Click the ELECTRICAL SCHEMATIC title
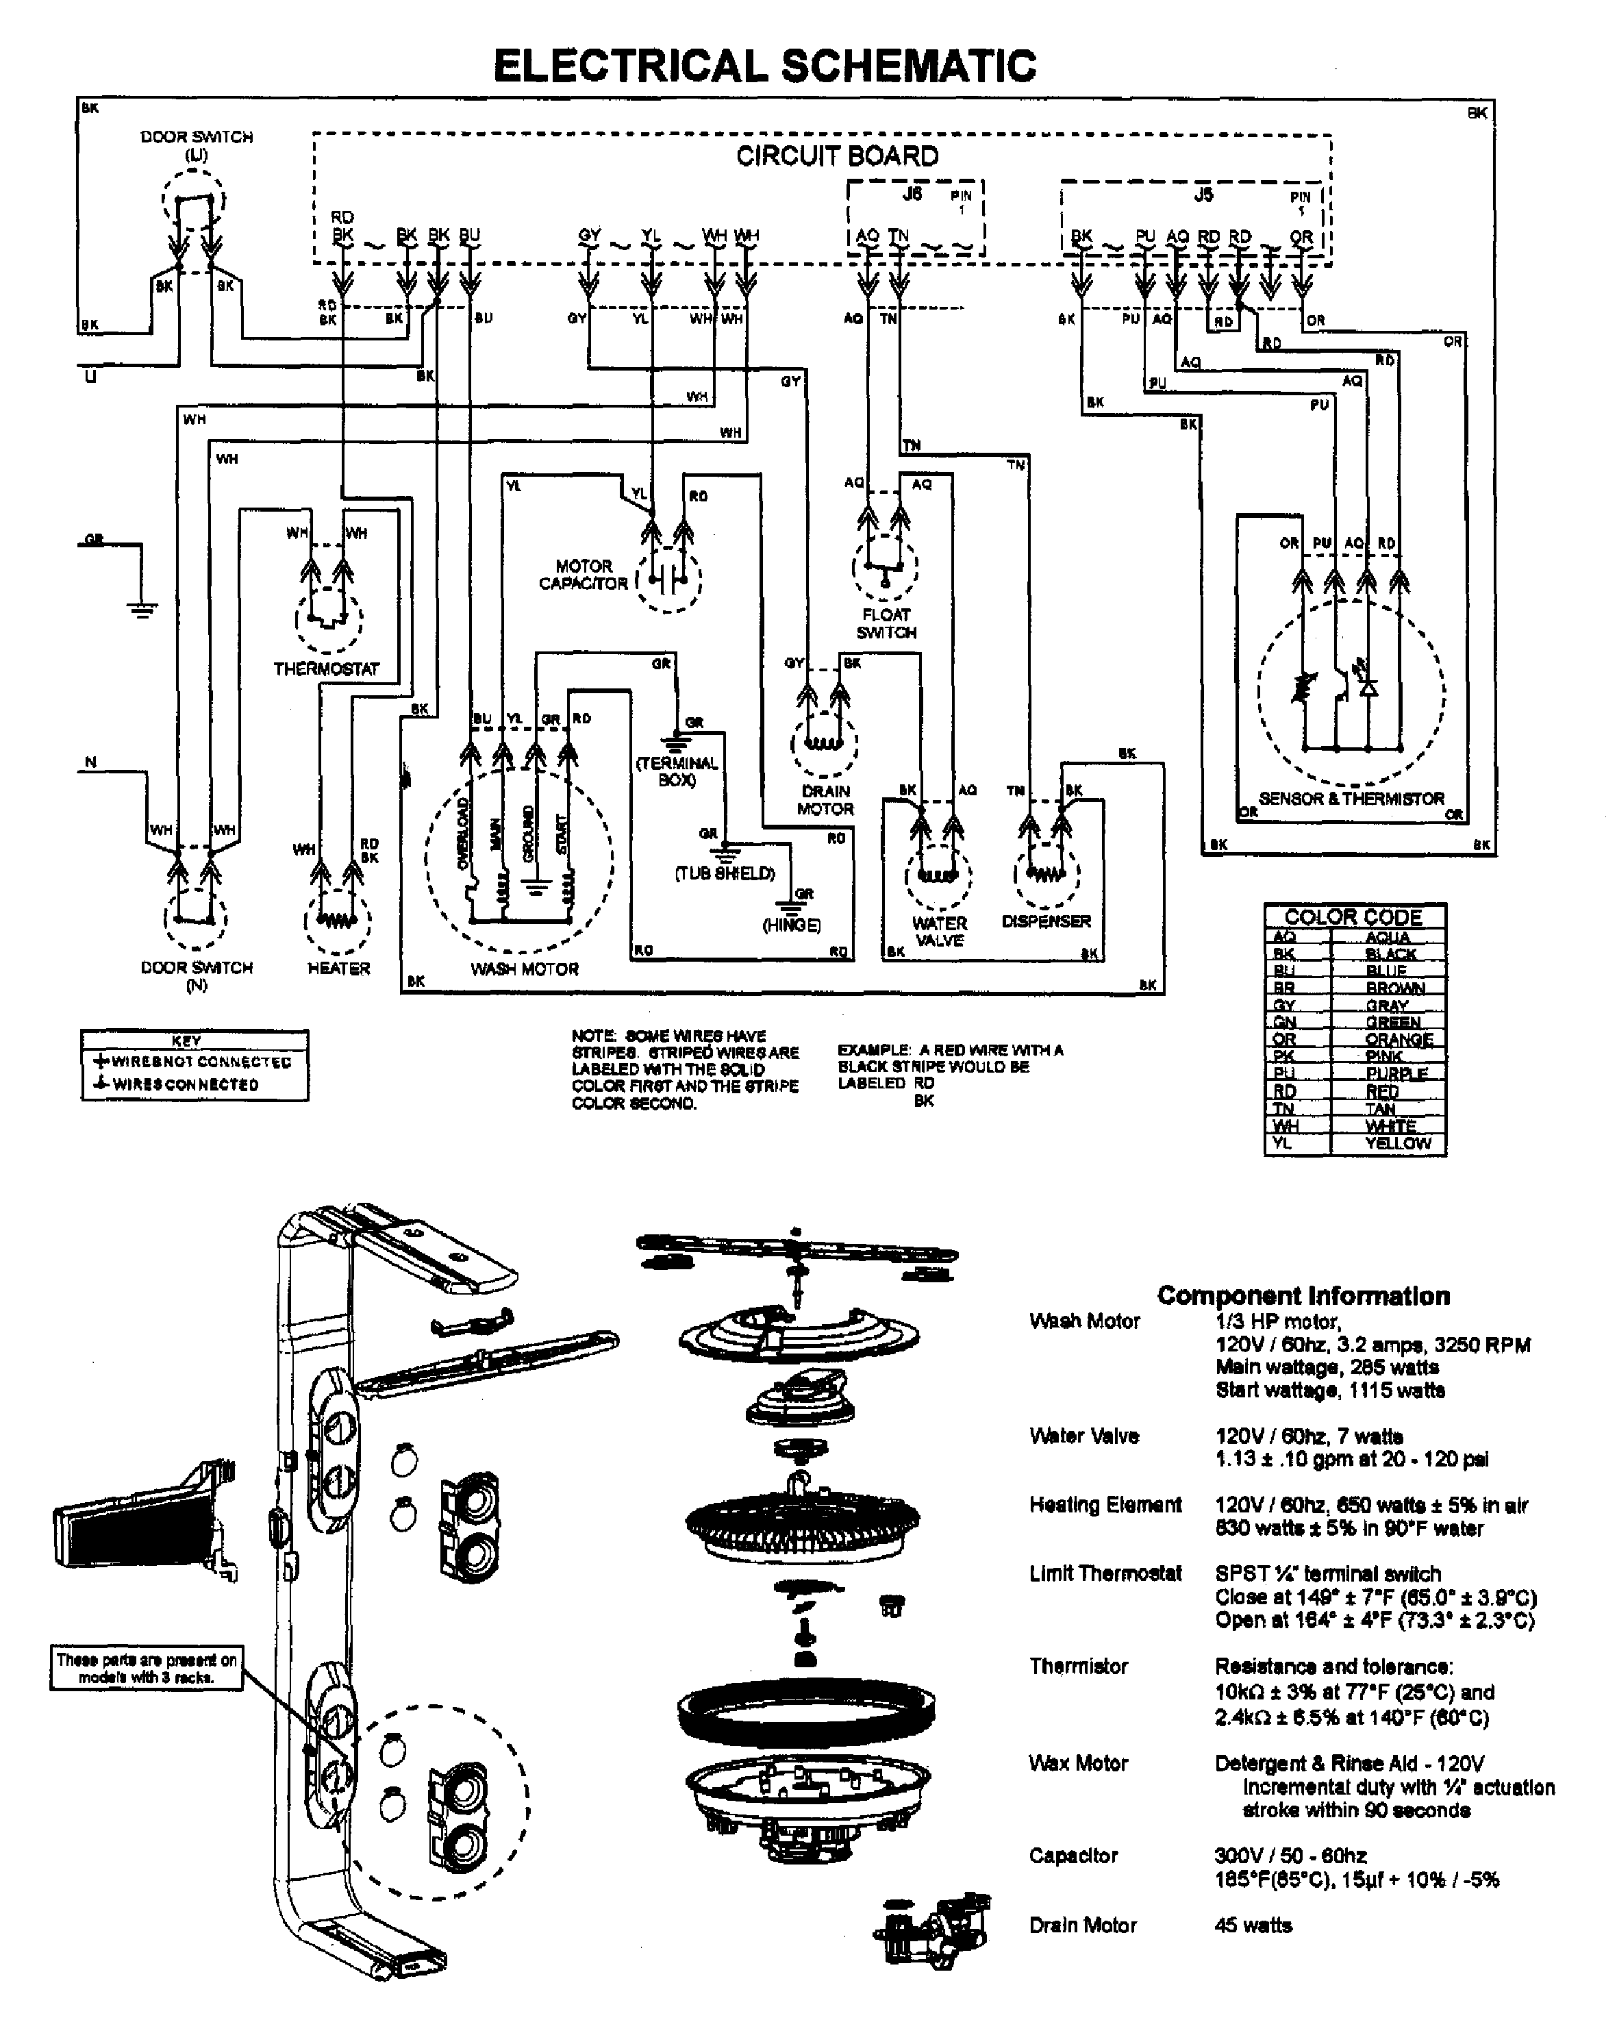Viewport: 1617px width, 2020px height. [x=764, y=66]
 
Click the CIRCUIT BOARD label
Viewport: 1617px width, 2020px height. [x=837, y=156]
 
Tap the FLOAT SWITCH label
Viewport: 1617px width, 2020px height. [x=886, y=623]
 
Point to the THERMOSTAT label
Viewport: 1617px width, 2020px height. [x=326, y=669]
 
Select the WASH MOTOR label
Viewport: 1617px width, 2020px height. [x=524, y=969]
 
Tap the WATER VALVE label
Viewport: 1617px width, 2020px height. [x=939, y=932]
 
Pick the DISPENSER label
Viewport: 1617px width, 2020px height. [x=1046, y=921]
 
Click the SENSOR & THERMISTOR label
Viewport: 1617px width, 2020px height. [x=1351, y=798]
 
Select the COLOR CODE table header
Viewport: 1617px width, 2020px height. [x=1354, y=917]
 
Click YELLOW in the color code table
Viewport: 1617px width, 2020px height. [x=1398, y=1143]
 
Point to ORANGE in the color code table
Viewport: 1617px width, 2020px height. [x=1399, y=1039]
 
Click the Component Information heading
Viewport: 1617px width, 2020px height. [x=1303, y=1296]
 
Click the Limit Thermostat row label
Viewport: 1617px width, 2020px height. [x=1105, y=1573]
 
